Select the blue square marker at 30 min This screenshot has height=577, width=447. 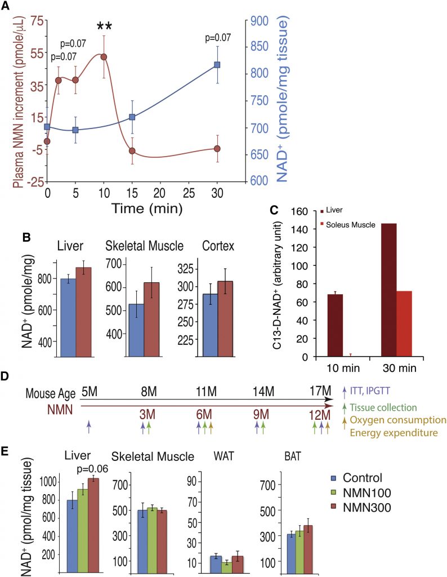[217, 65]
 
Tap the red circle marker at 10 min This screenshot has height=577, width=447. [104, 57]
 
